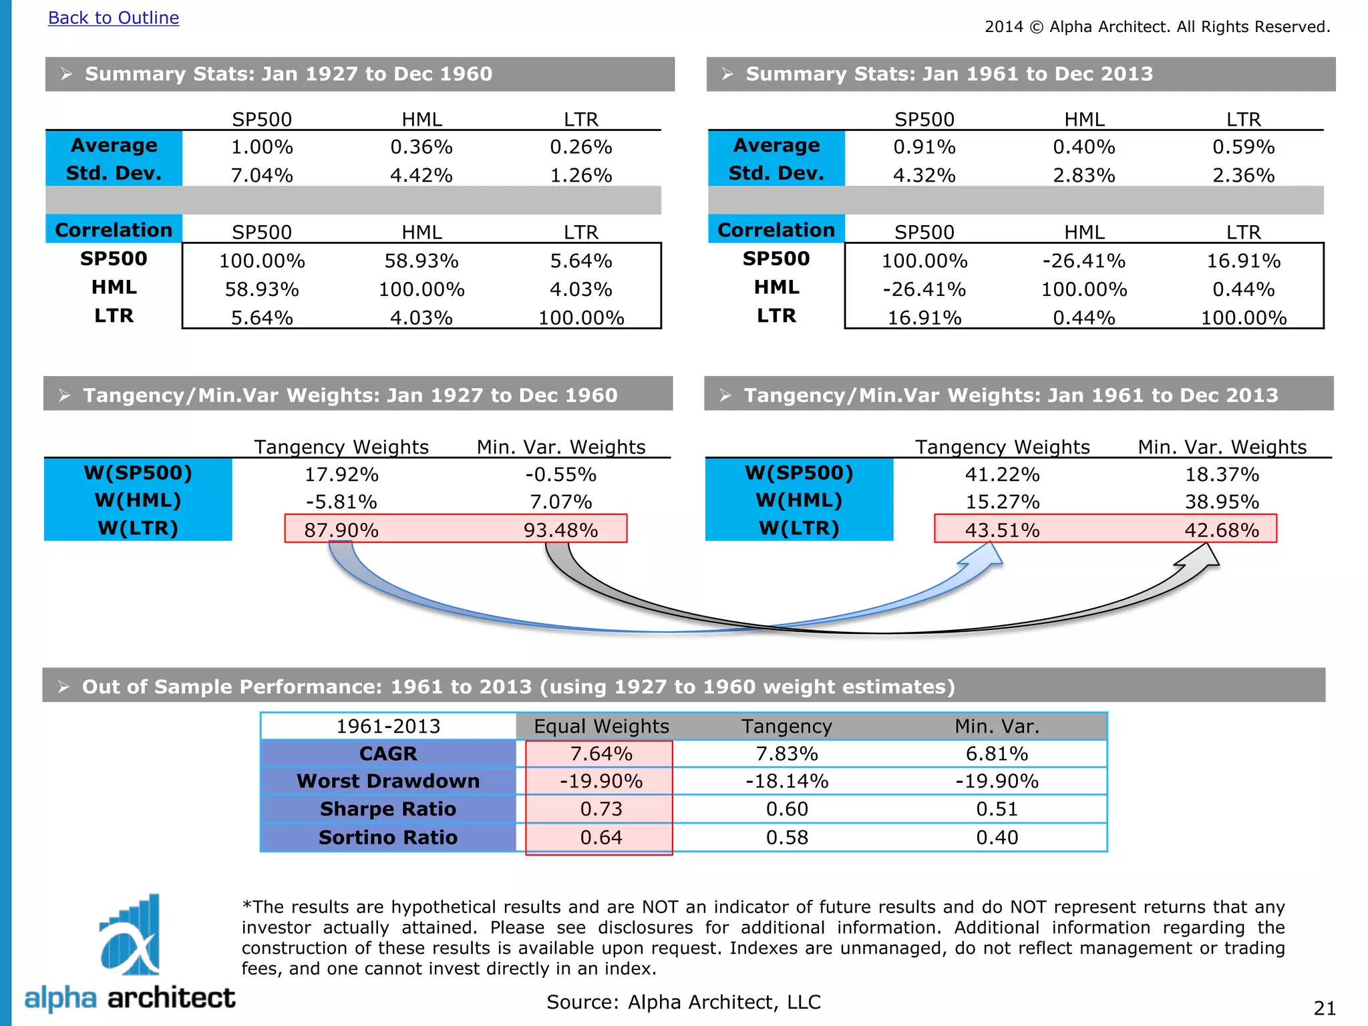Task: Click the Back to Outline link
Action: tap(114, 18)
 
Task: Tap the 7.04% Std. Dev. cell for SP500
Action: tap(262, 175)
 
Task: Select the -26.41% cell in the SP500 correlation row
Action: tap(1083, 261)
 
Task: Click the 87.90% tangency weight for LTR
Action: tap(341, 530)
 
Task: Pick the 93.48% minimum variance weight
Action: tap(560, 530)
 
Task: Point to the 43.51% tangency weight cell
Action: tap(1002, 530)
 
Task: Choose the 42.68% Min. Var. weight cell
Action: tap(1222, 530)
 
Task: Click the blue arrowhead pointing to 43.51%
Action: tap(986, 556)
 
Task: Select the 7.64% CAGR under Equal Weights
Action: tap(601, 753)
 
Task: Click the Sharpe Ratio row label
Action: tap(387, 809)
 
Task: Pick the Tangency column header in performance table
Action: tap(787, 726)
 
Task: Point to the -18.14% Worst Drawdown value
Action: tap(787, 781)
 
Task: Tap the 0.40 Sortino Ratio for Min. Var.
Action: tap(997, 837)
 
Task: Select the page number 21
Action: tap(1324, 1008)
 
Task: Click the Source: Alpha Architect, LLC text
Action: tap(683, 1002)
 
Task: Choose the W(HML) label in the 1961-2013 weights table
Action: tap(799, 500)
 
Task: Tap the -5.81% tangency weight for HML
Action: tap(341, 502)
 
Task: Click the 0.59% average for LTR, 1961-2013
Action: tap(1243, 147)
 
